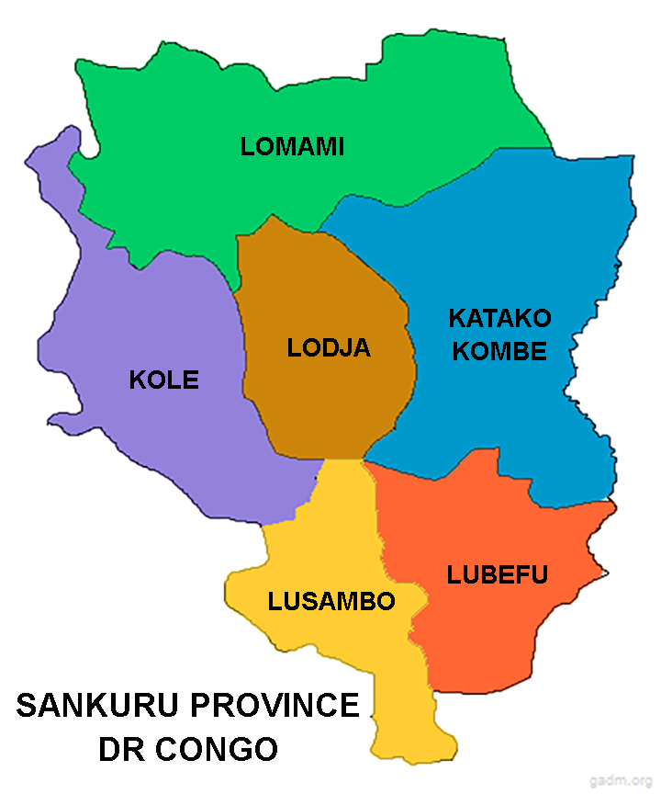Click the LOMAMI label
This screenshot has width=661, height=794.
pos(292,146)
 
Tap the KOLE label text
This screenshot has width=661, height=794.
pos(163,380)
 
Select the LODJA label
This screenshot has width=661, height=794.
pos(329,348)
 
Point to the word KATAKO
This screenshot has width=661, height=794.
pos(499,319)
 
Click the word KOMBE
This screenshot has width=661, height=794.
pos(499,351)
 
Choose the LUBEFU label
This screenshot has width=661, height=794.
pos(498,575)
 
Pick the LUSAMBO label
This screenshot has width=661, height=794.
pos(331,602)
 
